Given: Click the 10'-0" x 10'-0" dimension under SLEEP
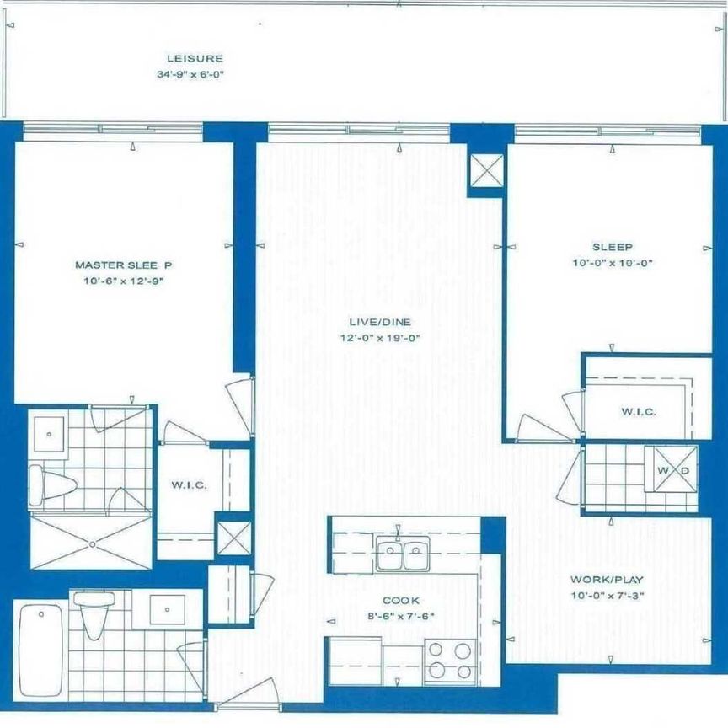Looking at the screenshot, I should click(612, 263).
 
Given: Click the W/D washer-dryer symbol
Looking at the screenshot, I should click(671, 468).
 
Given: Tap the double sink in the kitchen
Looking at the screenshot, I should click(401, 555).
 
